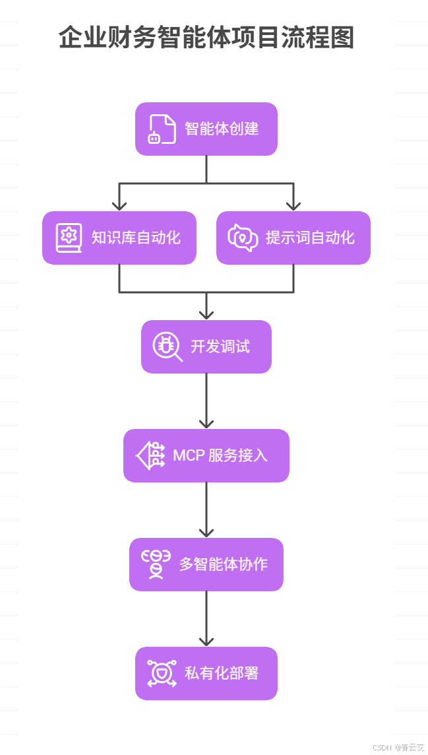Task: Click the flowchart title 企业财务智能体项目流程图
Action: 206,38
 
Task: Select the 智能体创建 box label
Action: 222,129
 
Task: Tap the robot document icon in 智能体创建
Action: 162,129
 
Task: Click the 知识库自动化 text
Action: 136,238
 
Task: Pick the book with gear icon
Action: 69,238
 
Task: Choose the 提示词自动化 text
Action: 310,238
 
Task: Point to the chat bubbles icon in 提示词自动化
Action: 243,238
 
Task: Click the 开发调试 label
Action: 220,346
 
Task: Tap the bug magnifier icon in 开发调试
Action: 168,346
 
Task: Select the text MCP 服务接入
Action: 220,455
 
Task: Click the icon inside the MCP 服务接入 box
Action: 150,455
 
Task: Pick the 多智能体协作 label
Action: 223,564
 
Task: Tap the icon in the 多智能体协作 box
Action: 156,564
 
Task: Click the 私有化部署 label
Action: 222,673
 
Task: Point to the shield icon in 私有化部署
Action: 162,673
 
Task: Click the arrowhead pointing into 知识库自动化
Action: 119,205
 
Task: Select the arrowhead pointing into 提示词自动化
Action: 293,205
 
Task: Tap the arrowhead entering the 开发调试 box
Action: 206,313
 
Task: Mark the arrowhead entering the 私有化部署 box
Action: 206,640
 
